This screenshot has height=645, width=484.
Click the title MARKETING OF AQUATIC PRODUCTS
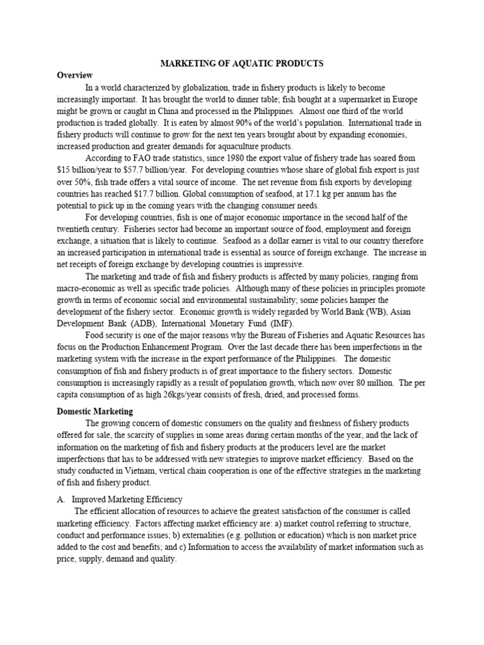click(243, 64)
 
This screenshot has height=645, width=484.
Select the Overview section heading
click(75, 75)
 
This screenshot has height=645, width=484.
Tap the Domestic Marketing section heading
click(95, 411)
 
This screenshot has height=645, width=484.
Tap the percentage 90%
click(248, 123)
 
